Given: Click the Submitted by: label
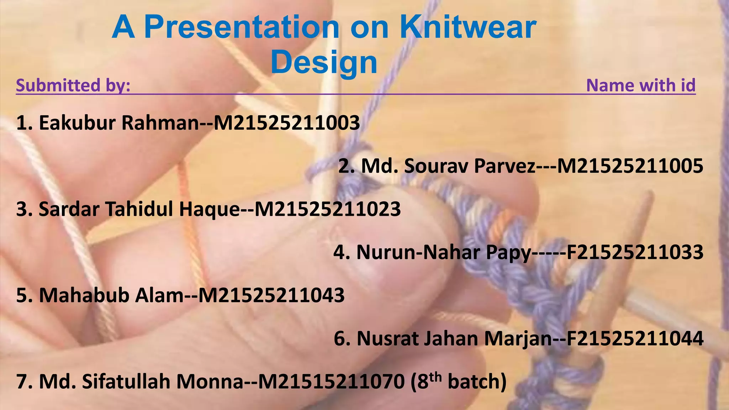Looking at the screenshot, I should [x=73, y=85].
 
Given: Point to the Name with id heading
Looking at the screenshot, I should [x=641, y=85].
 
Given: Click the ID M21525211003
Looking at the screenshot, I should [x=287, y=123].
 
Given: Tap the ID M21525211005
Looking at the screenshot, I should [x=630, y=166].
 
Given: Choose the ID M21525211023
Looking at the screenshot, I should [x=328, y=209].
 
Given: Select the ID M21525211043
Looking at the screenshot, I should [x=271, y=295].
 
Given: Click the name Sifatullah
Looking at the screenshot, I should [x=126, y=382].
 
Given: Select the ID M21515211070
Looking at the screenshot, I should [x=331, y=382].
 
